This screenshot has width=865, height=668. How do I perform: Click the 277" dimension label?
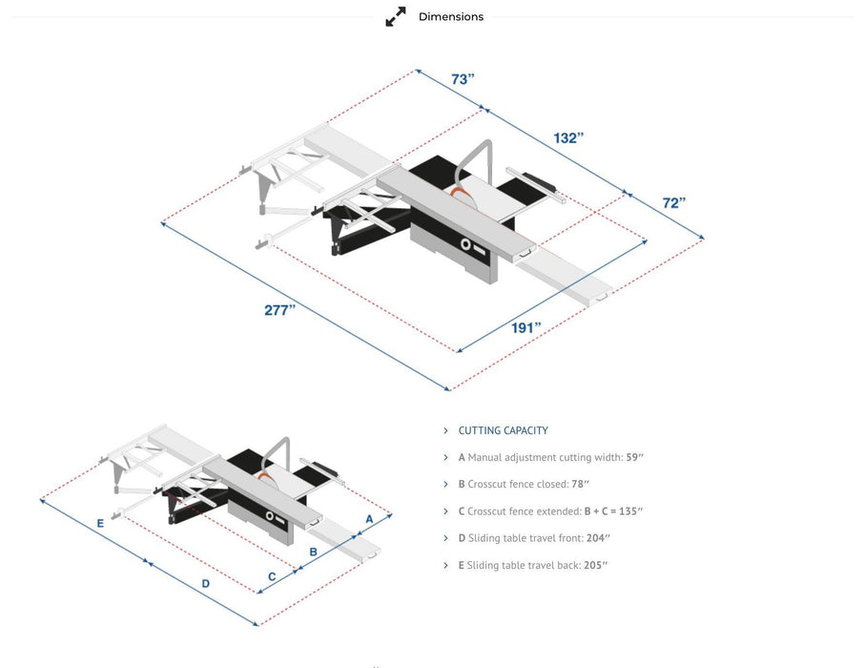click(x=279, y=310)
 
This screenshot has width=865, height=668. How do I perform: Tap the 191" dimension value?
click(x=525, y=327)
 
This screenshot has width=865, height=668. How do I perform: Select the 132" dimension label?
click(x=568, y=138)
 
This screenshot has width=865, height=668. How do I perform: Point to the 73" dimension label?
click(x=463, y=79)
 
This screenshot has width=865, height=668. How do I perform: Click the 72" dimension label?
click(x=673, y=202)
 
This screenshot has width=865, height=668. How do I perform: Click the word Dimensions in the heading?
click(x=451, y=17)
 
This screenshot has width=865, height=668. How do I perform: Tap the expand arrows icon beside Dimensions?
click(x=396, y=17)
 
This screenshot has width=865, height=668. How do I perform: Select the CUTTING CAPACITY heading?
click(x=503, y=430)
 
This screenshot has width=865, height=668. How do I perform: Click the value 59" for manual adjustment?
click(x=634, y=458)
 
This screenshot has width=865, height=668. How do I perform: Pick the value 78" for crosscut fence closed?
click(x=580, y=485)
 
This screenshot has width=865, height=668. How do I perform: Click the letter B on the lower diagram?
click(x=313, y=552)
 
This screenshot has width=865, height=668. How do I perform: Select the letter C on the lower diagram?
click(x=272, y=575)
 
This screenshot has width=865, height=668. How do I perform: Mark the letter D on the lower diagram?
click(x=205, y=583)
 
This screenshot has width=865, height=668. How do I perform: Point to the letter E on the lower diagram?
click(x=100, y=523)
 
